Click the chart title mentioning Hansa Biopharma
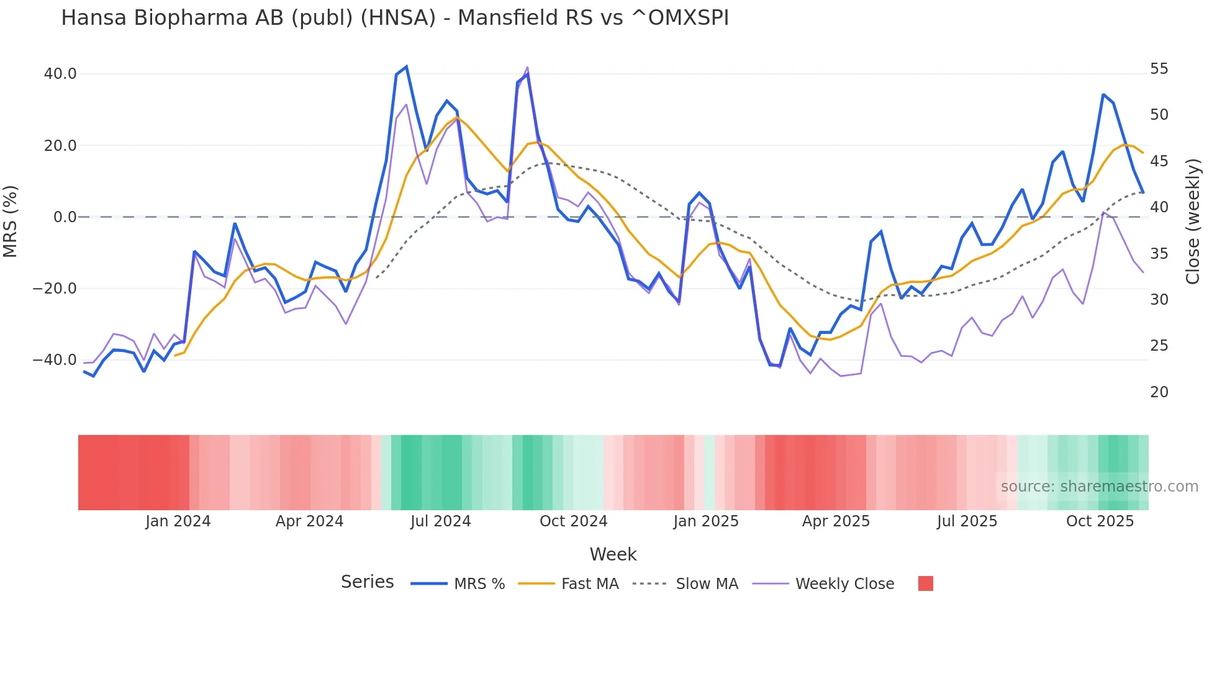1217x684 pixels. coord(395,18)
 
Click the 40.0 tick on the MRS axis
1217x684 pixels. coord(60,74)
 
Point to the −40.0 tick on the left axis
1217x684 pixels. coord(55,360)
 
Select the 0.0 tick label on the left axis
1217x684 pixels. coord(65,217)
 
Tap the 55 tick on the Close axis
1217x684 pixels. coord(1159,69)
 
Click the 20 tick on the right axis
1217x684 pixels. coord(1159,392)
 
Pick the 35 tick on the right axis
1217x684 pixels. coord(1159,254)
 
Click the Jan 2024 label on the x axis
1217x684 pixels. coord(178,521)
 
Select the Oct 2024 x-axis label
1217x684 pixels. coord(573,521)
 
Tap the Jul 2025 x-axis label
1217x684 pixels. coord(967,521)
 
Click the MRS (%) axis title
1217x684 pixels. coord(11,222)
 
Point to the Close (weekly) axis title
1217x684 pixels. coord(1193,222)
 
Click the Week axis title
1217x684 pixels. coord(613,554)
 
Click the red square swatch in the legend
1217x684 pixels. coord(925,583)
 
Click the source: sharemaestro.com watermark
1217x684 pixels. coord(1099,487)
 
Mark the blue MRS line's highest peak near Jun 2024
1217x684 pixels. coord(406,66)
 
